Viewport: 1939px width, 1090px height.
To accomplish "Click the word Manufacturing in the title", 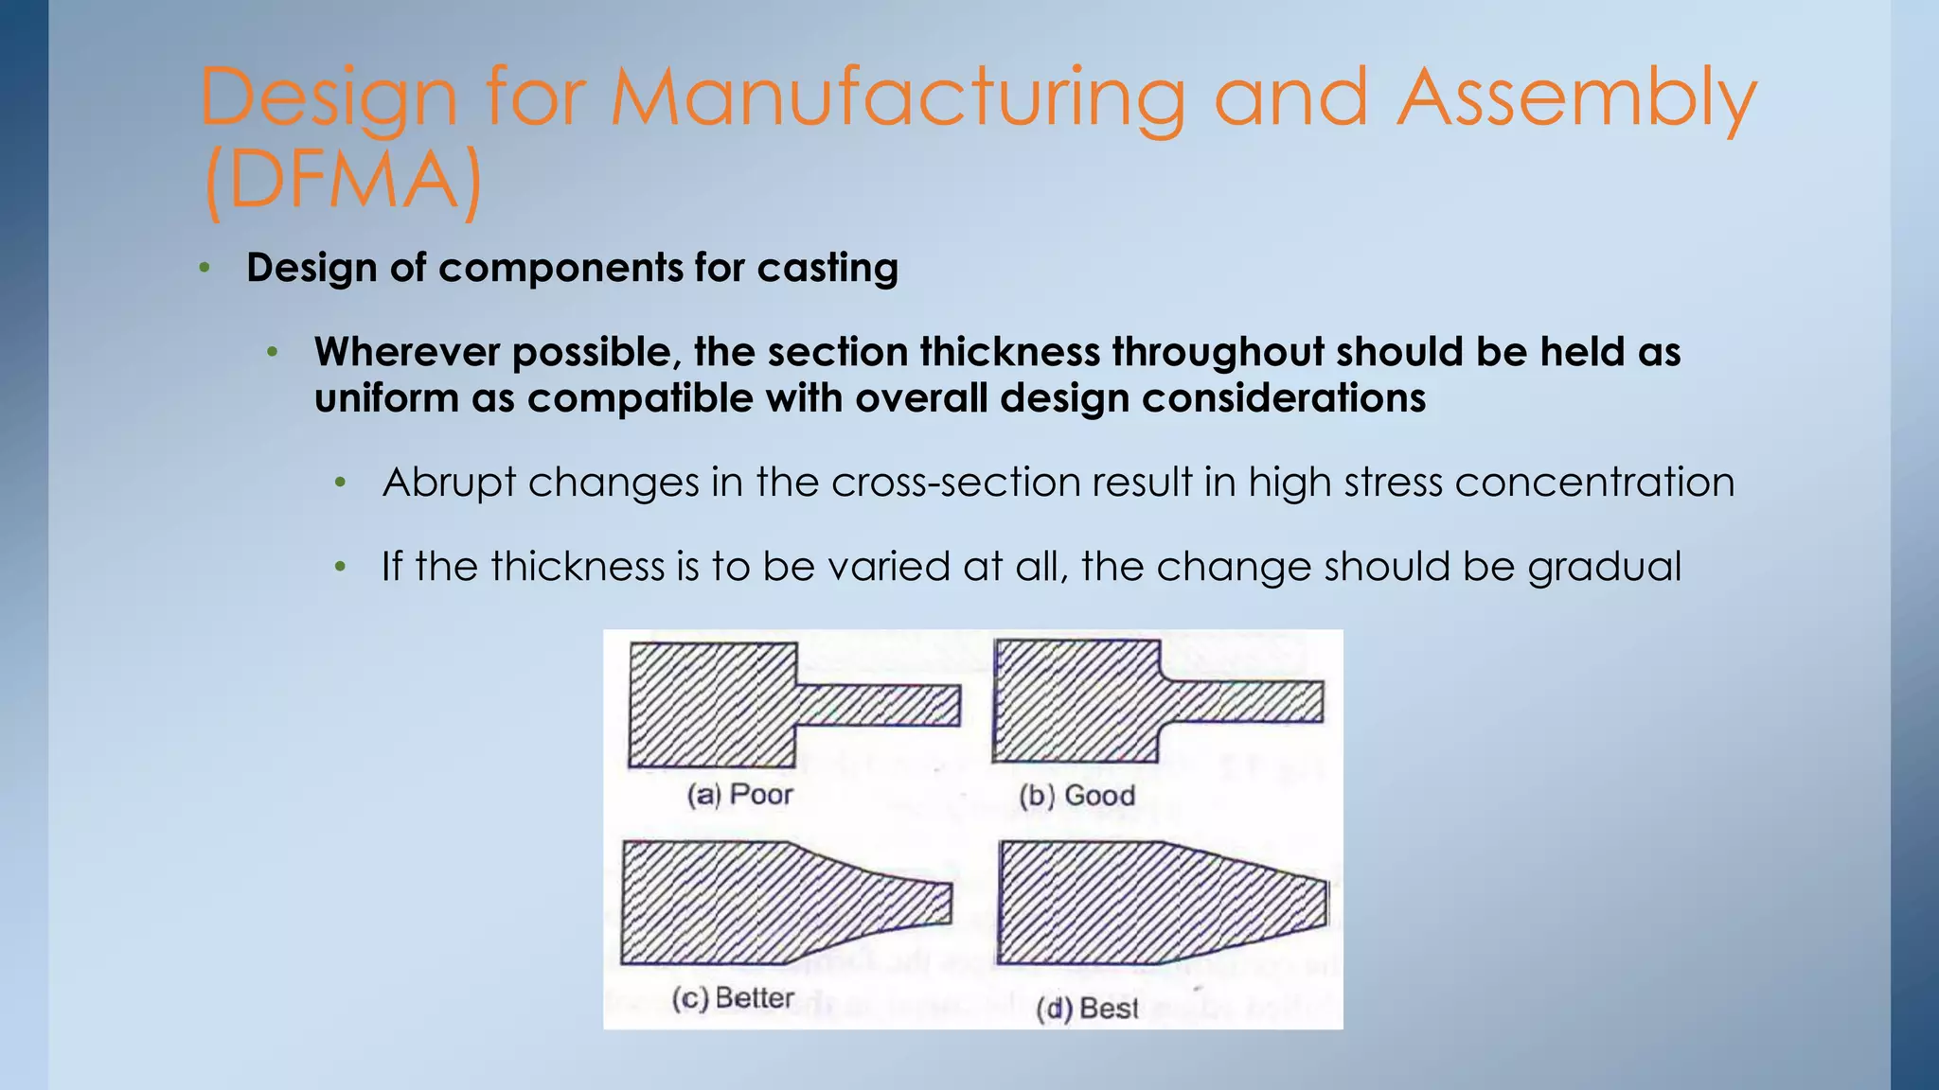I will coord(898,98).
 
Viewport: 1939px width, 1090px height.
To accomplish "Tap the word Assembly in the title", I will coord(1576,98).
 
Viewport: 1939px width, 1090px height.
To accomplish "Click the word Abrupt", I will coord(449,483).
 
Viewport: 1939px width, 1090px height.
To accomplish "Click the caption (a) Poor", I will coord(739,794).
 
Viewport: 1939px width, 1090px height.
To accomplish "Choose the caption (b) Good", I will coord(1076,795).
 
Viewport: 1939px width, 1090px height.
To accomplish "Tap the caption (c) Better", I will coord(733,998).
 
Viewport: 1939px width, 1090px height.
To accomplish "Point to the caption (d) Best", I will coord(1087,1009).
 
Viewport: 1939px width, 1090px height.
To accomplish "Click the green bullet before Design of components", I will coord(205,269).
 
